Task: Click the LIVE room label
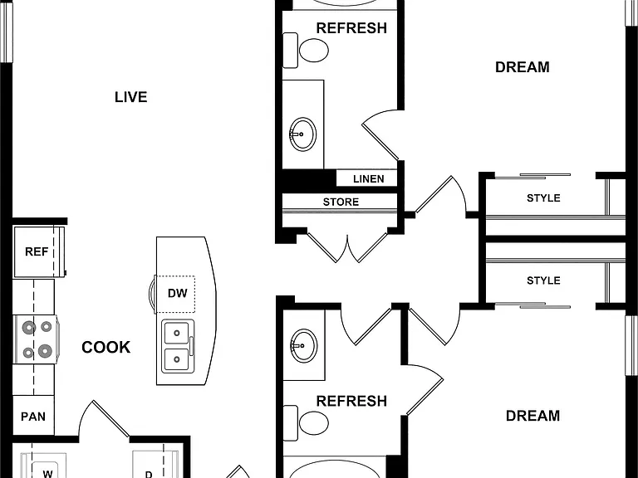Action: (x=130, y=97)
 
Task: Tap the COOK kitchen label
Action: (x=106, y=347)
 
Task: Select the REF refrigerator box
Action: (x=39, y=251)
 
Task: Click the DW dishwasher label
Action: (x=178, y=293)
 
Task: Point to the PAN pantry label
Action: (x=33, y=417)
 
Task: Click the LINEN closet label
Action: (x=368, y=179)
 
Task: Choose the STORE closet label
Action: (x=341, y=202)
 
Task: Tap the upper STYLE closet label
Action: (x=543, y=198)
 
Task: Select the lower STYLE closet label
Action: (x=543, y=280)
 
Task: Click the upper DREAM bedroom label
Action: (x=522, y=67)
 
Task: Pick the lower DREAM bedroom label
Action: (x=532, y=416)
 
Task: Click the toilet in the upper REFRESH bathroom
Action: (x=306, y=51)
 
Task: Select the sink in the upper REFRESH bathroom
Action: (x=303, y=134)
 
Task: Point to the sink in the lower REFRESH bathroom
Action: (x=303, y=345)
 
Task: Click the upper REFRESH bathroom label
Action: (x=351, y=28)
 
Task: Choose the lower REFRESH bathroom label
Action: (x=351, y=401)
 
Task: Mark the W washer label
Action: (x=47, y=474)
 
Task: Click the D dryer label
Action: (x=149, y=475)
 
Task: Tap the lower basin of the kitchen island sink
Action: (x=177, y=359)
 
